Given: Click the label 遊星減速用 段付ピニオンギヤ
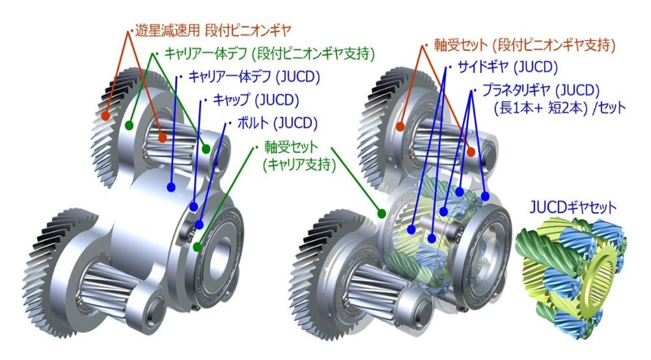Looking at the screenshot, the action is [x=214, y=31].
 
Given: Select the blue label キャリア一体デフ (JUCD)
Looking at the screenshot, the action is [x=254, y=77].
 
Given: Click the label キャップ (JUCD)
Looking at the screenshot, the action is [x=256, y=100].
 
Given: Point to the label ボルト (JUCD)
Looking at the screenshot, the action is [x=277, y=123].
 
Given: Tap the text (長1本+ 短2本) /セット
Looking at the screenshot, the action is [x=560, y=108].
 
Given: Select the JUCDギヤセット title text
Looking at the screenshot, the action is [x=573, y=208].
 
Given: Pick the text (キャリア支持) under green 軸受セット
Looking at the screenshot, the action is [x=299, y=165].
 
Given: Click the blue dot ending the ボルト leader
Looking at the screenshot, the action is [x=199, y=225].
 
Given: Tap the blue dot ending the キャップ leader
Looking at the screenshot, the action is [x=193, y=206].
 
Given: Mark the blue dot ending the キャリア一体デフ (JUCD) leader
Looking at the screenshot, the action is [x=171, y=187].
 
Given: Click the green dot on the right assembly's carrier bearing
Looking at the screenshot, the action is [x=381, y=214].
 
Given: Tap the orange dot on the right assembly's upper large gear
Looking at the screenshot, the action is [x=400, y=127].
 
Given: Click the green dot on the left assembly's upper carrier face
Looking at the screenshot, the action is [x=130, y=124].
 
